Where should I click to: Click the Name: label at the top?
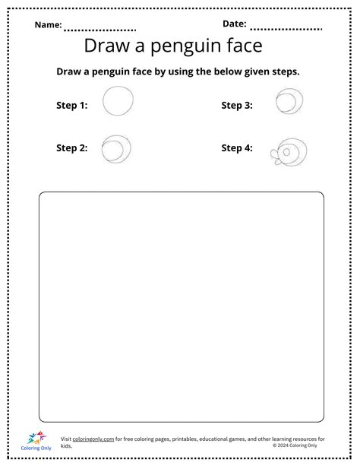[48, 25]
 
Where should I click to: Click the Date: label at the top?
[235, 24]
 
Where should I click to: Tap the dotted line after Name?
[99, 30]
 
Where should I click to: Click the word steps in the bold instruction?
[283, 71]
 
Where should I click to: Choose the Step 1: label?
[72, 106]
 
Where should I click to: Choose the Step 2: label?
[72, 147]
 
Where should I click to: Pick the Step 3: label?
[237, 106]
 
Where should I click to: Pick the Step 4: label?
[237, 147]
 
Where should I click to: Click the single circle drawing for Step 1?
[118, 102]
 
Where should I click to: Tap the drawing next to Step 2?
[116, 148]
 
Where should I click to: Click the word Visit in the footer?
[67, 439]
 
